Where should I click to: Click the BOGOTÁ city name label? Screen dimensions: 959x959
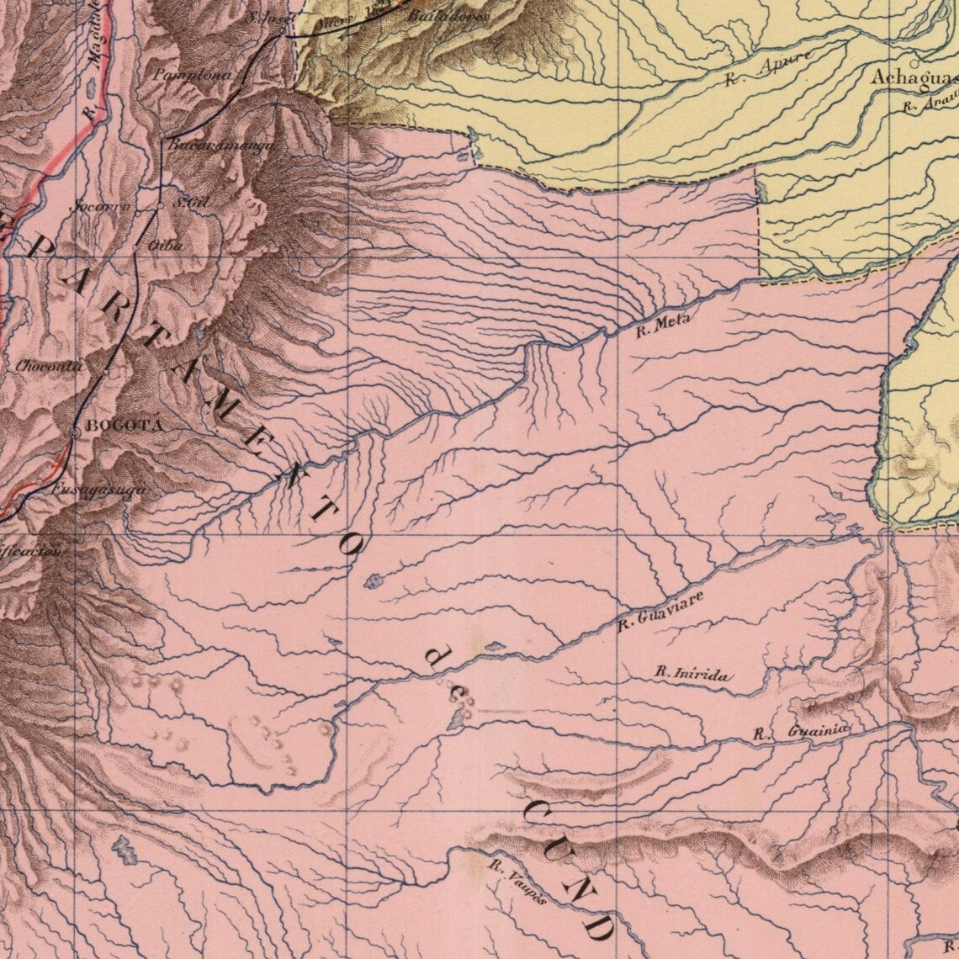coord(125,425)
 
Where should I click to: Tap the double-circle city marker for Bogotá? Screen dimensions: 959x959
coord(75,432)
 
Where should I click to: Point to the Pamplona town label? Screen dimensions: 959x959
coord(193,75)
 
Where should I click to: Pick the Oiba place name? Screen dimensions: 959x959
coord(165,245)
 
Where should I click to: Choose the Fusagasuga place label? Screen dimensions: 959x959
coord(93,490)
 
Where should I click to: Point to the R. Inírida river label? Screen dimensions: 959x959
coord(692,674)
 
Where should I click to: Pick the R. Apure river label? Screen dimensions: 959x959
coord(766,69)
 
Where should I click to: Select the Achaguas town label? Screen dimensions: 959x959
coord(914,78)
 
